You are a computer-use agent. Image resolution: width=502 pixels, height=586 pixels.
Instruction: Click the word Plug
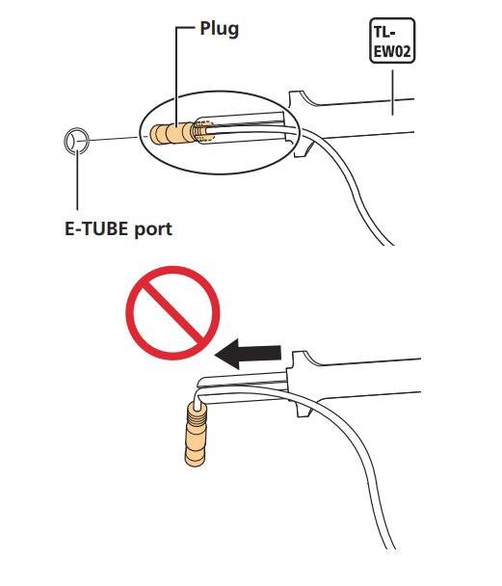(x=220, y=29)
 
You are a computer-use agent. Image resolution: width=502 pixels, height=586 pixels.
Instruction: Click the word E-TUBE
(x=96, y=228)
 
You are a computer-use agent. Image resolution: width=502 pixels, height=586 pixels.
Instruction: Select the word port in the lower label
(x=153, y=229)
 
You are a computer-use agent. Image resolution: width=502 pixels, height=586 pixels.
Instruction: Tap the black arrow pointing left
(x=248, y=353)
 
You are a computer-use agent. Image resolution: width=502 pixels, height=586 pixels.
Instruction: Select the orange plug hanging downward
(x=196, y=435)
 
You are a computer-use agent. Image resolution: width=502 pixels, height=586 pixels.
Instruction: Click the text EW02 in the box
(x=392, y=50)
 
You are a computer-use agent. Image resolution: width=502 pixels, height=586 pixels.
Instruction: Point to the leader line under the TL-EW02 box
(x=392, y=93)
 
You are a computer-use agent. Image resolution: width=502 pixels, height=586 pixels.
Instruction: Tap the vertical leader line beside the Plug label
(x=176, y=76)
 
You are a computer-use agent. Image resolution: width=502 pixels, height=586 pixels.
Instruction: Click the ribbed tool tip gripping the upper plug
(x=204, y=131)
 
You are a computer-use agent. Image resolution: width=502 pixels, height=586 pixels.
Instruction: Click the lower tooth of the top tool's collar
(x=302, y=149)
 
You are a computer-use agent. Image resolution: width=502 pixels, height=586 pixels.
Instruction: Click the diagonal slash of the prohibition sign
(x=172, y=313)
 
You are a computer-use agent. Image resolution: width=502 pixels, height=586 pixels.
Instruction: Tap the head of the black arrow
(x=227, y=354)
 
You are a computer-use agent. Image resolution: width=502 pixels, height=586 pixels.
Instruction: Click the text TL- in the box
(x=384, y=32)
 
